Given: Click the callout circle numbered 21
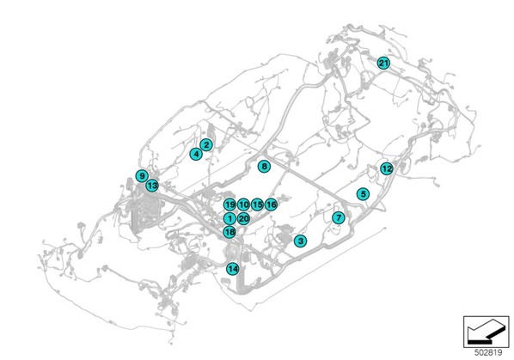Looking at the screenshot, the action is point(383,63).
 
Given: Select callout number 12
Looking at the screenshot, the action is point(387,168).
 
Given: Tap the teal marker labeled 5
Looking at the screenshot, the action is point(363,194).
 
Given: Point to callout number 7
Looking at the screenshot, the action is point(339,217).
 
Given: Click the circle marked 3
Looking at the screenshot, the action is point(300,241).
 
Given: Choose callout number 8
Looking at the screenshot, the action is point(264,167).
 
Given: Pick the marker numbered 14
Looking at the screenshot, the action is point(233,269).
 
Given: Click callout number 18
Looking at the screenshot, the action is point(229,232).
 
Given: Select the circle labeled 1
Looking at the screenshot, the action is point(229,218).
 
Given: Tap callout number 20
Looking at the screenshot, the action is point(243,218).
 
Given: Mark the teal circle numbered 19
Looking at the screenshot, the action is point(229,204).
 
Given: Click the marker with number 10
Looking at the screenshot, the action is point(243,204).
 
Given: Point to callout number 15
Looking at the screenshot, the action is point(257,204).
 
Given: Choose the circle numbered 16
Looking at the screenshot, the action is point(271,204).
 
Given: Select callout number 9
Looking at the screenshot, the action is point(142,176).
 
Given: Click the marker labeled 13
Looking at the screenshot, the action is point(152,186).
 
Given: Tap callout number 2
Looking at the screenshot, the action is point(206,144).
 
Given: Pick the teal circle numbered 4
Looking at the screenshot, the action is point(196,154).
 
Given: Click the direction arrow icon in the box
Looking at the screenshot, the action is point(486,332).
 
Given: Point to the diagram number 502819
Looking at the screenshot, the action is point(488,352).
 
